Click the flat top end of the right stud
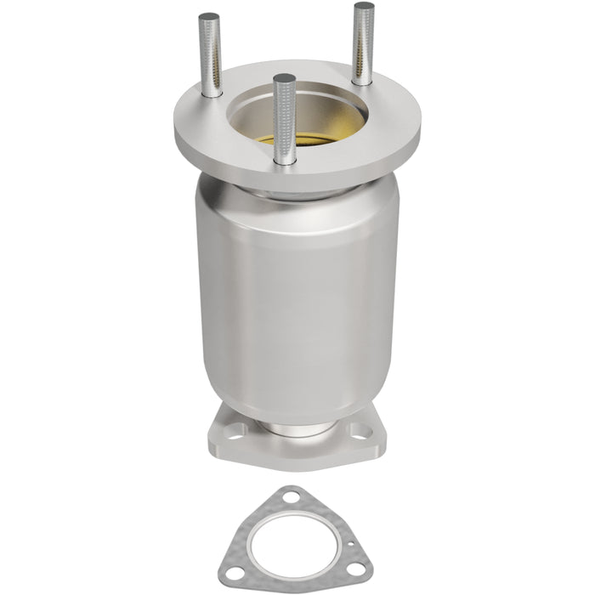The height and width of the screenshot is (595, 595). (364, 8)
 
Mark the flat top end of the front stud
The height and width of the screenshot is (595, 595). (285, 79)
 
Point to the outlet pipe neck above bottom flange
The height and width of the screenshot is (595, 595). (293, 427)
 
